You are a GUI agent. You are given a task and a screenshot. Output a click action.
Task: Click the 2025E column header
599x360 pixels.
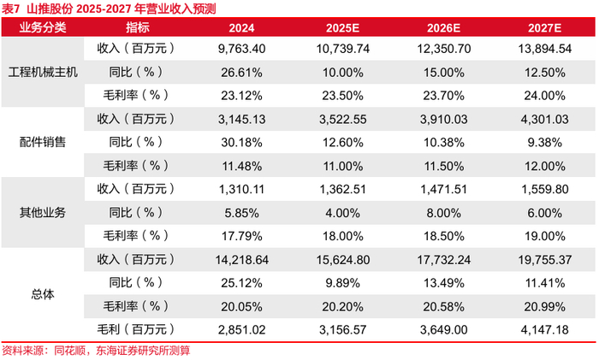click(342, 28)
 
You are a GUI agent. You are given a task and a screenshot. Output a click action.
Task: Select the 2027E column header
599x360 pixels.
click(544, 28)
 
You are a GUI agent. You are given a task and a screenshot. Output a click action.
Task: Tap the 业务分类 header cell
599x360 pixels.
click(43, 27)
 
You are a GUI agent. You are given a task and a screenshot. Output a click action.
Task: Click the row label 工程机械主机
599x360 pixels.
click(43, 72)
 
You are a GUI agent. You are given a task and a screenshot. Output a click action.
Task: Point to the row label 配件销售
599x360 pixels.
click(43, 142)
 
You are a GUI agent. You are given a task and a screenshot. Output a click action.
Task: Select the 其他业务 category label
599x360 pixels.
click(43, 212)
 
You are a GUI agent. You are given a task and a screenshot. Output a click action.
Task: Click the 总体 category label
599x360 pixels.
click(43, 294)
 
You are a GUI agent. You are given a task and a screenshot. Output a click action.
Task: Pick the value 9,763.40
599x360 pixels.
click(241, 49)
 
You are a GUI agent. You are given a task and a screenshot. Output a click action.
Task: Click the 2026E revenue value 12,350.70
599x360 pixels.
click(443, 49)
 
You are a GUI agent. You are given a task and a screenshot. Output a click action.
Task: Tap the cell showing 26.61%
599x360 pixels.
click(241, 73)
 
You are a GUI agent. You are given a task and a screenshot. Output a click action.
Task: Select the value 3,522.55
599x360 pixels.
click(342, 120)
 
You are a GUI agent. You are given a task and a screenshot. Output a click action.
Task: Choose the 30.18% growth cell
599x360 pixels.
click(241, 143)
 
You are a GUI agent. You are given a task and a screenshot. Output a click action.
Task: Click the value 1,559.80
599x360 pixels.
click(545, 189)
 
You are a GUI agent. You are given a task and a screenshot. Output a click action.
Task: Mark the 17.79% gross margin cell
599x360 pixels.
click(241, 236)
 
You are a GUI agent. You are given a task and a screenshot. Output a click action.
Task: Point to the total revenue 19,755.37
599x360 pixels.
click(545, 260)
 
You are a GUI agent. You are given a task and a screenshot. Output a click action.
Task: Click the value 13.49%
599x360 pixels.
click(443, 283)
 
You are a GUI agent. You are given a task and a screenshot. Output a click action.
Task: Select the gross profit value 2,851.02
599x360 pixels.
click(241, 330)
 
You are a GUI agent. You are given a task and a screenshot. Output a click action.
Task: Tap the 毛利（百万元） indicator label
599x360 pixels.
click(136, 329)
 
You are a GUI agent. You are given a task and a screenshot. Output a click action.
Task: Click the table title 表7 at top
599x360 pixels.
click(10, 9)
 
